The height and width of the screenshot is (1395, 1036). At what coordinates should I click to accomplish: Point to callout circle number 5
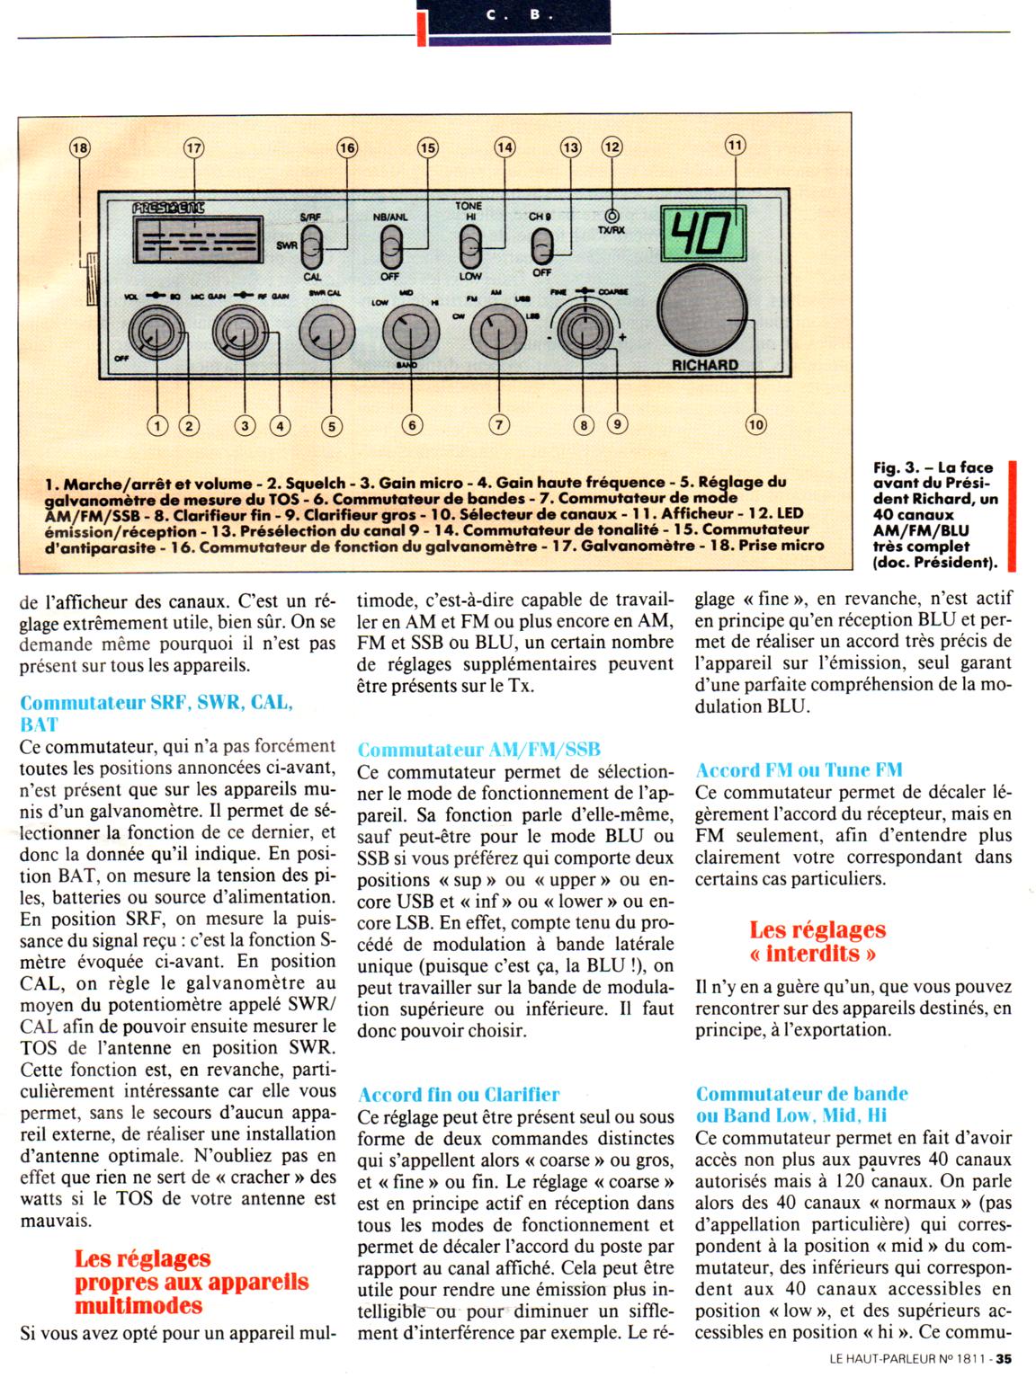coord(331,426)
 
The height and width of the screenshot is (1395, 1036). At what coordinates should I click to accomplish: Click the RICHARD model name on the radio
coord(704,365)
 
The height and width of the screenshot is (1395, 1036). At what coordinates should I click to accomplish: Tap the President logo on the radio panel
coord(168,208)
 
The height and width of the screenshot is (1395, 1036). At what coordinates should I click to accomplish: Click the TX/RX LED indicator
coord(612,217)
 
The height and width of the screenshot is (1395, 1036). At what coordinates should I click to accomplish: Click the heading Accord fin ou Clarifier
coord(459,1094)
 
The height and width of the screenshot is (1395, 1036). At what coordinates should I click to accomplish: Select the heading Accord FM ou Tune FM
coord(799,769)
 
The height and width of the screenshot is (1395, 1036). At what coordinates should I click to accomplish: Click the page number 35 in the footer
coord(1004,1360)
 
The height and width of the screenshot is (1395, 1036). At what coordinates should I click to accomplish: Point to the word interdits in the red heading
coord(817,953)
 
